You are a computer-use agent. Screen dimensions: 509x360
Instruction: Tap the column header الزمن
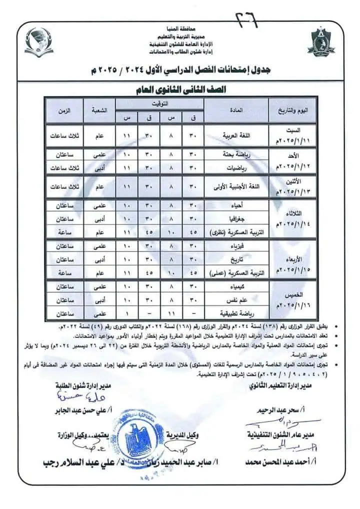click(64, 110)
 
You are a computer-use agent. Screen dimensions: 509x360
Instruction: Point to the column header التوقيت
click(159, 104)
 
